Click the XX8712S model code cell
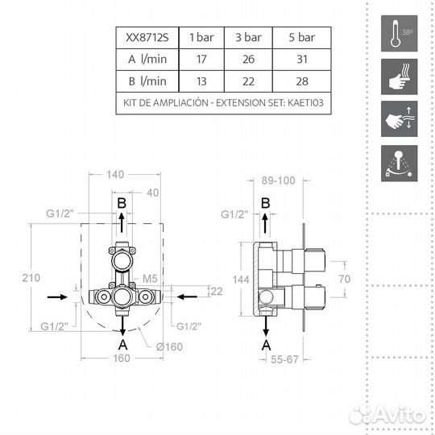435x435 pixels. (147, 37)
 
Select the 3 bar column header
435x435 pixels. (248, 37)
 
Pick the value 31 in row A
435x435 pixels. (302, 59)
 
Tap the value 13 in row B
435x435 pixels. (201, 81)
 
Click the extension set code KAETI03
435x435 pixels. (305, 103)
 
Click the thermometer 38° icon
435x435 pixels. (400, 33)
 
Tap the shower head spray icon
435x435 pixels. (400, 164)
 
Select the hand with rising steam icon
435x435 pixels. (400, 77)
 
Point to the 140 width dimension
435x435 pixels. (115, 175)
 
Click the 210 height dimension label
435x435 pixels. (31, 278)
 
